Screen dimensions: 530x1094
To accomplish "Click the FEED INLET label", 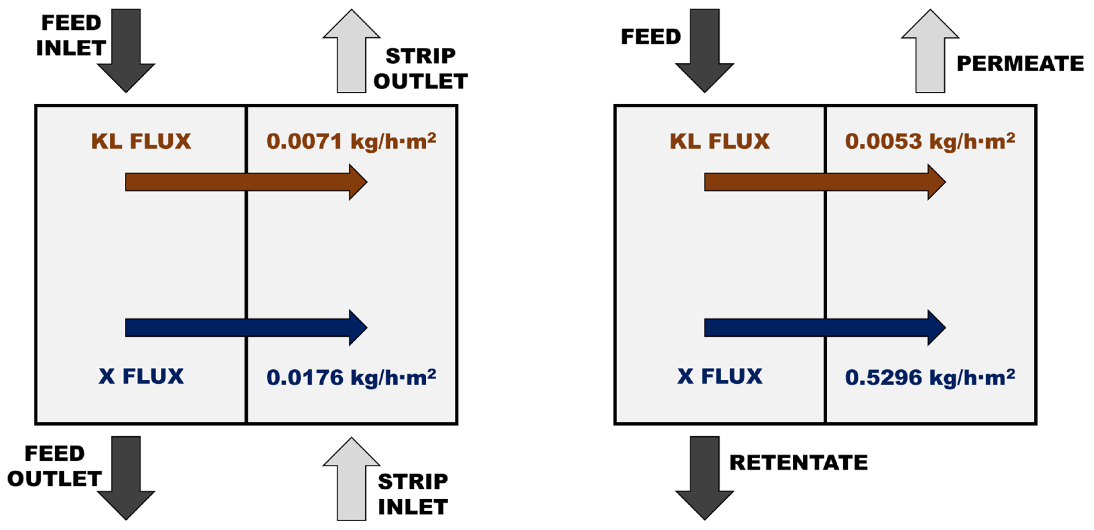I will coord(71,35).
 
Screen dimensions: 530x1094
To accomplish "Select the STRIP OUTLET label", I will coord(420,68).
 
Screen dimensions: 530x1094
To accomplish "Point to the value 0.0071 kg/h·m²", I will coord(351,141).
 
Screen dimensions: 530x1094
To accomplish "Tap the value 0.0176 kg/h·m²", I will coord(351,377).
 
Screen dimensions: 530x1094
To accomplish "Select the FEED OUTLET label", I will coord(54,466).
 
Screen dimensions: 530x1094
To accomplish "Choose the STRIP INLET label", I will coord(413,494).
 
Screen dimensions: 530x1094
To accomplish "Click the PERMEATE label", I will coord(1020,64).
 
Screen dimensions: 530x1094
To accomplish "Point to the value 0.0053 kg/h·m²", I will coord(930,141).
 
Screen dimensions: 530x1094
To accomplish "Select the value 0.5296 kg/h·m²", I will coord(930,377).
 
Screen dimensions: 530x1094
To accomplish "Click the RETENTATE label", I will coord(798,463).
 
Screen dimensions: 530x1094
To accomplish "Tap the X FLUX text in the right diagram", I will coord(719,376).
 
